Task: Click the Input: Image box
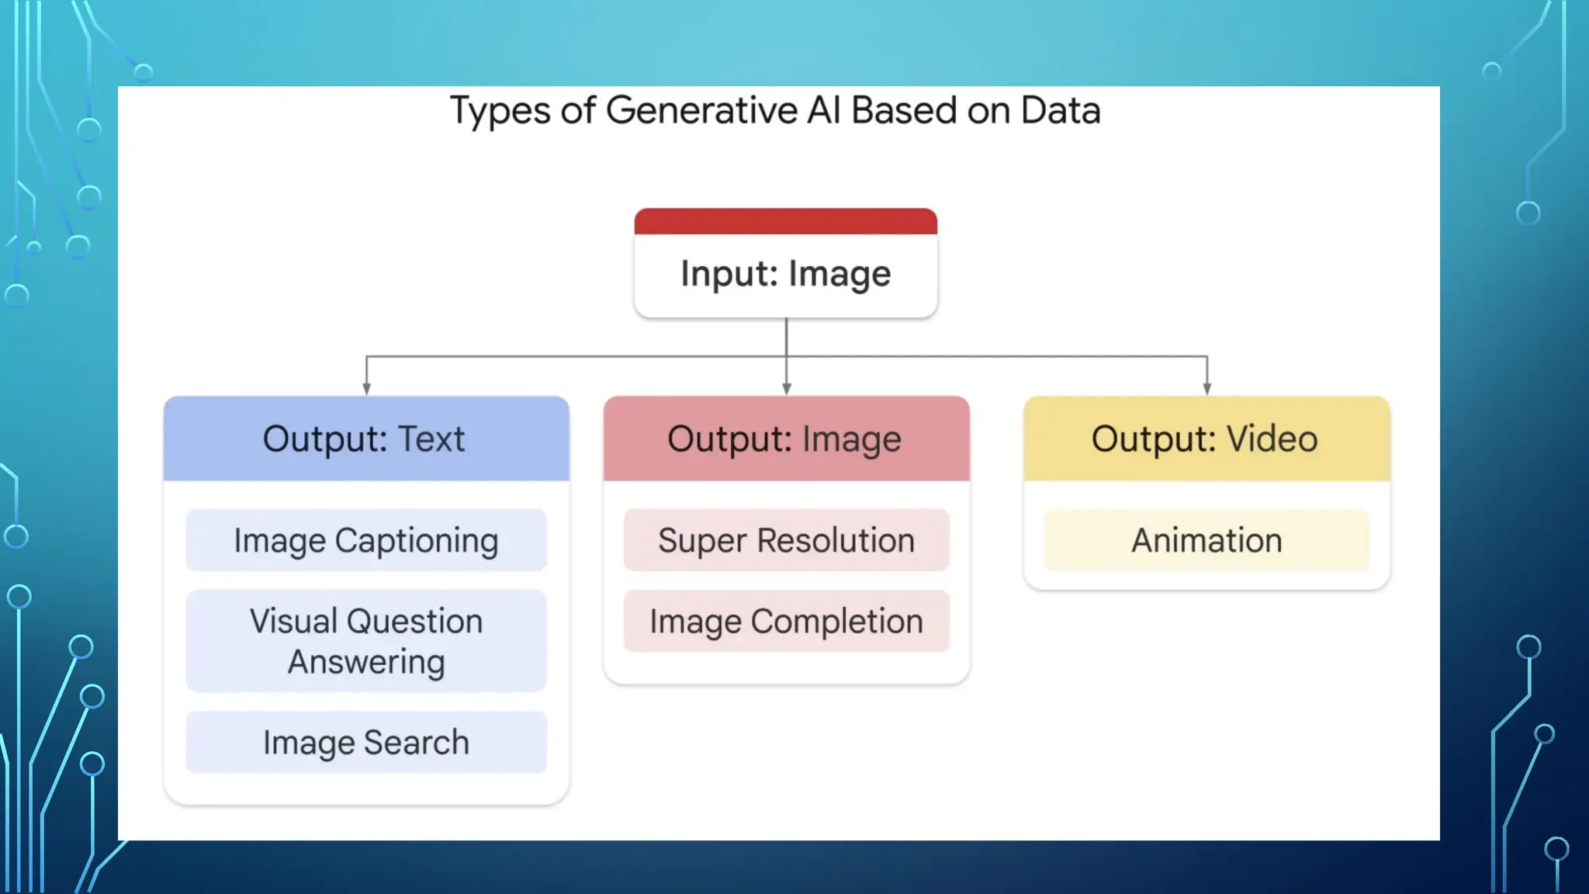(785, 273)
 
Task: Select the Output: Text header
(365, 439)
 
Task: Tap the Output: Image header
(785, 439)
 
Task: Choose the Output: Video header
(1206, 439)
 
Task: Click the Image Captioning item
(365, 541)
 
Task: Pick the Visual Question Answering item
(365, 641)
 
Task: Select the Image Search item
(365, 743)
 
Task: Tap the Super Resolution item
(786, 541)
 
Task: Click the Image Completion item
(786, 622)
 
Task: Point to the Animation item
(1206, 541)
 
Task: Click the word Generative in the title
(701, 111)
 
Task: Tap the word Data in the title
(1060, 111)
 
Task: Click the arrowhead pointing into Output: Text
(366, 389)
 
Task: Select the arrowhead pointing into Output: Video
(1206, 389)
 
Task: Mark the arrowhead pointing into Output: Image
(786, 389)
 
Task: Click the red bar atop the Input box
(785, 221)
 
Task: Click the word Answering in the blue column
(366, 662)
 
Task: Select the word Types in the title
(500, 111)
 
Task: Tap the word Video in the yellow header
(1272, 439)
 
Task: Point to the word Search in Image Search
(417, 743)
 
